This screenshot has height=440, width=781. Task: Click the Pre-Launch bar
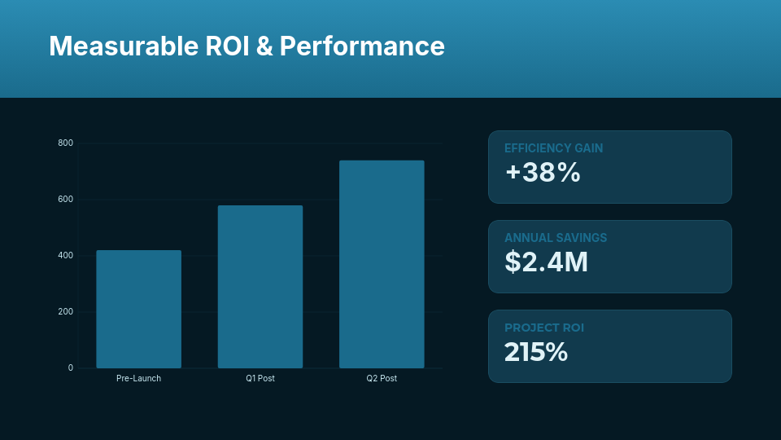(x=138, y=310)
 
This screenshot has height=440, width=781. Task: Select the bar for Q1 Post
(x=260, y=287)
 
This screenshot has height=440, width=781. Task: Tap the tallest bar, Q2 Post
(x=382, y=264)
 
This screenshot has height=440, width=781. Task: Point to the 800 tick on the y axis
(x=66, y=143)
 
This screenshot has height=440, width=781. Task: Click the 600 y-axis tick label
(x=66, y=200)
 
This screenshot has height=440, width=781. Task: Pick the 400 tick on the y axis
(x=66, y=256)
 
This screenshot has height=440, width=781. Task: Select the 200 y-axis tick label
(x=66, y=312)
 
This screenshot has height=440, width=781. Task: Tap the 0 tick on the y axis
(x=70, y=368)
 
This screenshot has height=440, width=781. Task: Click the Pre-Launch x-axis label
(x=138, y=379)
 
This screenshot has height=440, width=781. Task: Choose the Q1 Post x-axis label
(x=260, y=379)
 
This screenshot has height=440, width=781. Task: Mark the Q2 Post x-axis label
(x=382, y=379)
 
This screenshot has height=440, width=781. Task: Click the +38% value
(x=543, y=173)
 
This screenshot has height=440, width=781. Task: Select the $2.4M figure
(x=546, y=262)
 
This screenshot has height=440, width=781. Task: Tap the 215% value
(x=536, y=352)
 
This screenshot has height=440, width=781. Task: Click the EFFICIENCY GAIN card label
(x=553, y=148)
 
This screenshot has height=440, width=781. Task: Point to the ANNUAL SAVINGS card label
(x=556, y=238)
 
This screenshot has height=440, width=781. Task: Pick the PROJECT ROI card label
(x=544, y=328)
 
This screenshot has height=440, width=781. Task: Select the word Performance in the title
(x=362, y=46)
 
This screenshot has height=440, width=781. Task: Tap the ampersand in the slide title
(x=264, y=46)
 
